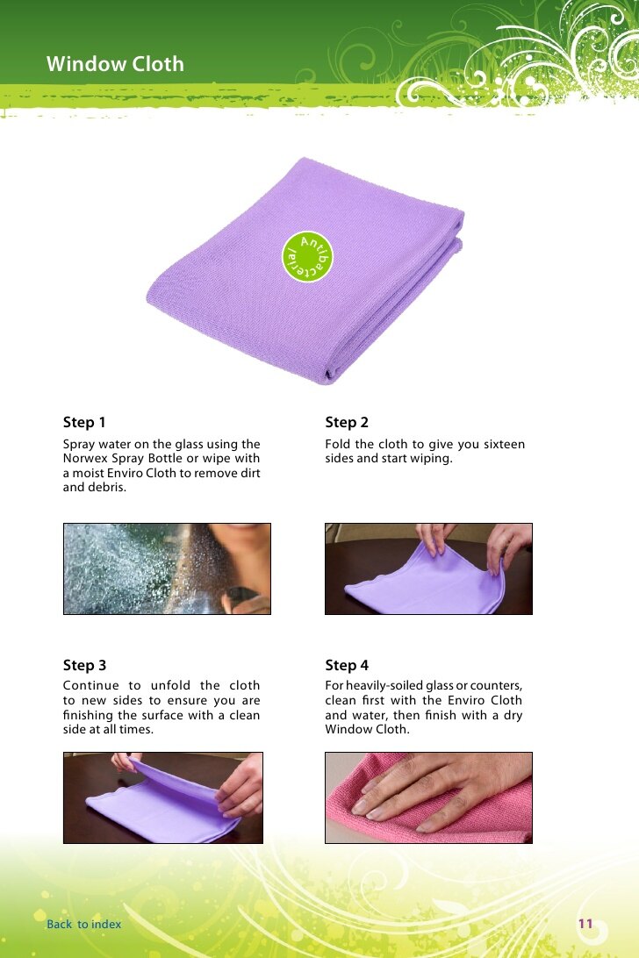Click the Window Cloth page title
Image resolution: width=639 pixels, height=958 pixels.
click(115, 63)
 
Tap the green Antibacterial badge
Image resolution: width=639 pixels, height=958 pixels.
click(307, 256)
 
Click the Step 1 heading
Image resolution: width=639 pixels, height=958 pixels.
click(84, 422)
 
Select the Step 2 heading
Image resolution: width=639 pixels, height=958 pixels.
click(347, 422)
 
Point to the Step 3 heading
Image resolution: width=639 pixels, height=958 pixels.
click(84, 665)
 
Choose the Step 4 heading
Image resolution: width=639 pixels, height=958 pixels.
click(347, 665)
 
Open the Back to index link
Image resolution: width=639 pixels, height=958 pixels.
click(83, 924)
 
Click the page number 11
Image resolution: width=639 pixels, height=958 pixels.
click(585, 923)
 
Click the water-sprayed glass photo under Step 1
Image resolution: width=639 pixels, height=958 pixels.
click(167, 568)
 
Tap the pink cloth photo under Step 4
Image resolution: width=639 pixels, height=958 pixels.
click(428, 798)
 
